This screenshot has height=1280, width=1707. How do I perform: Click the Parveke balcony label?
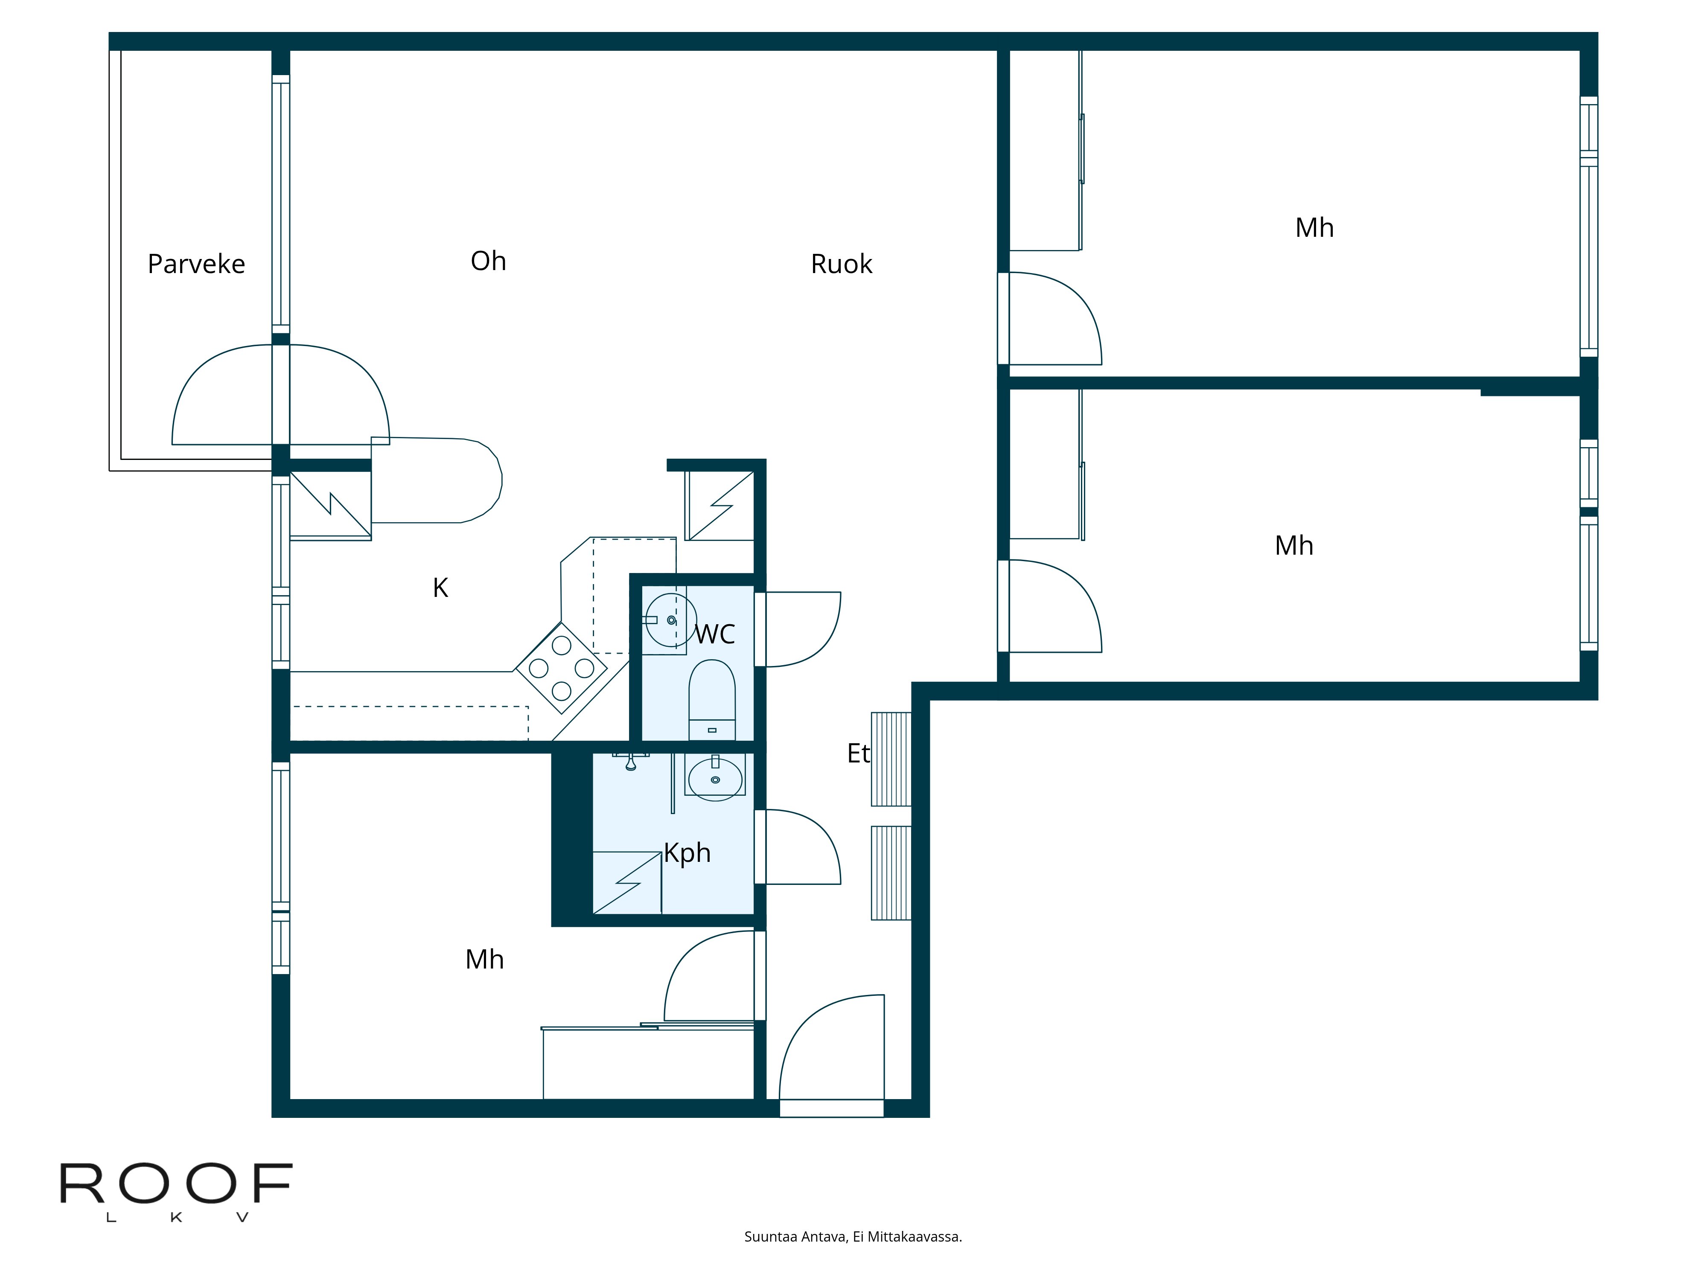click(196, 264)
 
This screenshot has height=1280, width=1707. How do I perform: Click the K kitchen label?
click(440, 588)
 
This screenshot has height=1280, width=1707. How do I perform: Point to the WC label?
click(715, 634)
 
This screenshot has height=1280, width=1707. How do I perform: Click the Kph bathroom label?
click(687, 852)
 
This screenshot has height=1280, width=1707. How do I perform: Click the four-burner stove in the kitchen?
click(561, 668)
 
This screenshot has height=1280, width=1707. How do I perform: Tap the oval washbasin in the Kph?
click(715, 779)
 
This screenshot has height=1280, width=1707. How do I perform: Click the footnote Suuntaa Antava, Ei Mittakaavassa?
click(853, 1237)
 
